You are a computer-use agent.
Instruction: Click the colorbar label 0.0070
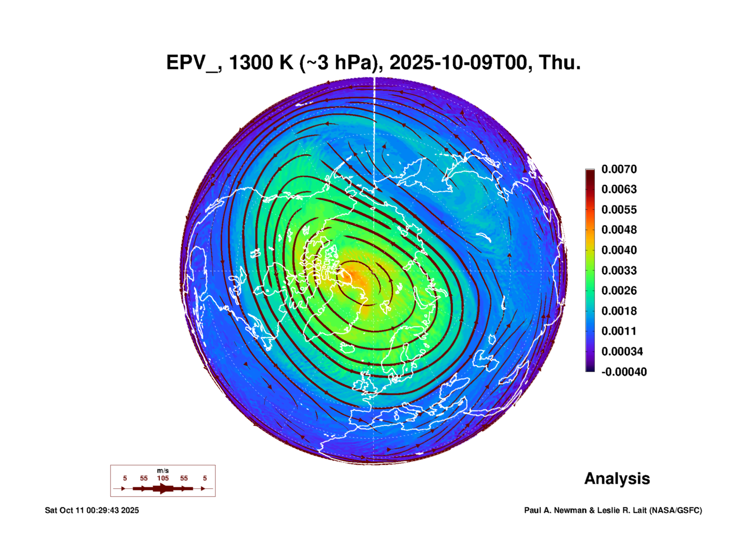[619, 169]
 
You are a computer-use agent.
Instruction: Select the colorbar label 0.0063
[619, 189]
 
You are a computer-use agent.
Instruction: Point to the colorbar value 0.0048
[619, 230]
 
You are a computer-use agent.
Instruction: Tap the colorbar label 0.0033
[619, 270]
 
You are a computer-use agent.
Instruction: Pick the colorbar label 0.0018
[619, 311]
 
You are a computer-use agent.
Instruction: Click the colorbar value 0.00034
[622, 351]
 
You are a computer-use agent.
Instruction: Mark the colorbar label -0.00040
[624, 372]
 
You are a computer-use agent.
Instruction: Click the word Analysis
[617, 478]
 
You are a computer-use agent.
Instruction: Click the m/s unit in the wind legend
[163, 470]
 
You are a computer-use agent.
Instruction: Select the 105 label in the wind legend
[163, 478]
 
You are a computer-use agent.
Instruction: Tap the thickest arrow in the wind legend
[163, 488]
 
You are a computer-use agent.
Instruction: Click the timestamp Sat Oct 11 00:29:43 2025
[92, 510]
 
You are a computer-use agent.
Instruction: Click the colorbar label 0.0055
[619, 210]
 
